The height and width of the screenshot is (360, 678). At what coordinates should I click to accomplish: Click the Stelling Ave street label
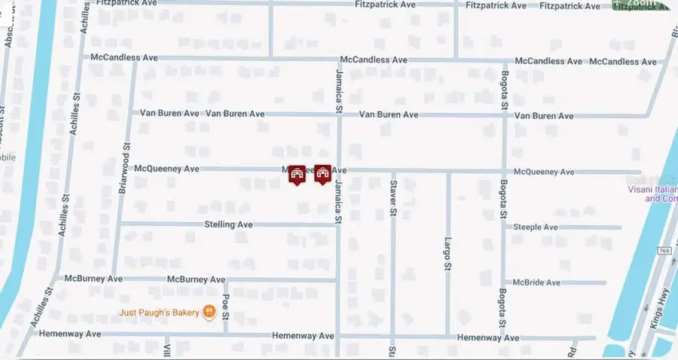point(228,224)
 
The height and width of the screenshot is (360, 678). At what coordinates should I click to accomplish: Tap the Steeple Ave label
point(535,227)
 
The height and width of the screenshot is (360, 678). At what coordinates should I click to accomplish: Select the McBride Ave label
point(536,282)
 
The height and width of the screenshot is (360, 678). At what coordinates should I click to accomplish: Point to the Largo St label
point(447,255)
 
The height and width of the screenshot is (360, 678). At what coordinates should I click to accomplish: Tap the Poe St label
point(225,305)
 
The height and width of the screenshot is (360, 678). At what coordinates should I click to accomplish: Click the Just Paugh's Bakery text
point(158,312)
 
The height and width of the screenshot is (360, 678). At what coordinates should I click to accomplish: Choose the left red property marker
point(297,175)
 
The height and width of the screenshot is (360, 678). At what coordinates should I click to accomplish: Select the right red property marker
point(323,175)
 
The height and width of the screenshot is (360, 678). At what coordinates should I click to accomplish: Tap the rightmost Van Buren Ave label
point(544,116)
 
